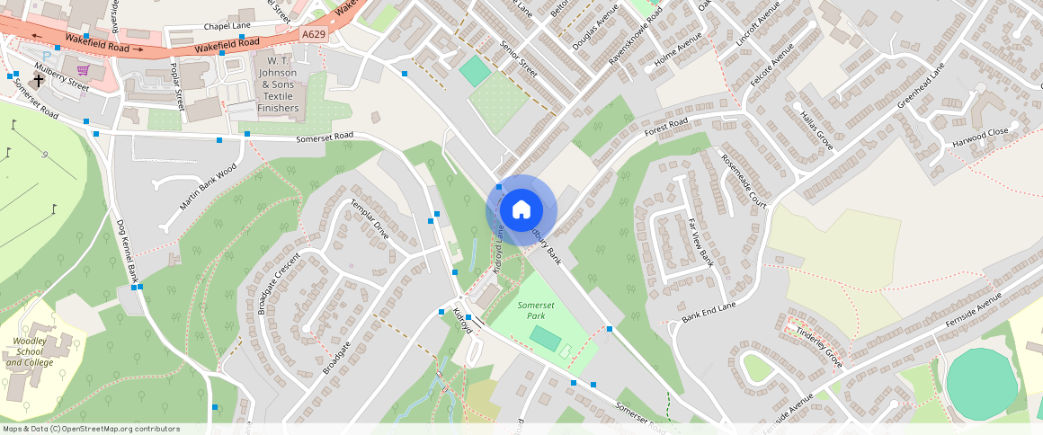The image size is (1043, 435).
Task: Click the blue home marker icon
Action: pos(521,210)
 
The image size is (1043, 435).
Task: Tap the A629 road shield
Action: pos(313,33)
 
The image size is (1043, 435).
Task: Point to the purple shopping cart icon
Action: pos(84,70)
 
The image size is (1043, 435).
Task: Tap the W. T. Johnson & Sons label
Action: pos(278,84)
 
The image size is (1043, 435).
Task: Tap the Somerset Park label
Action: pos(536,311)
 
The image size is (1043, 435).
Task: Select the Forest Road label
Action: pos(666,128)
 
